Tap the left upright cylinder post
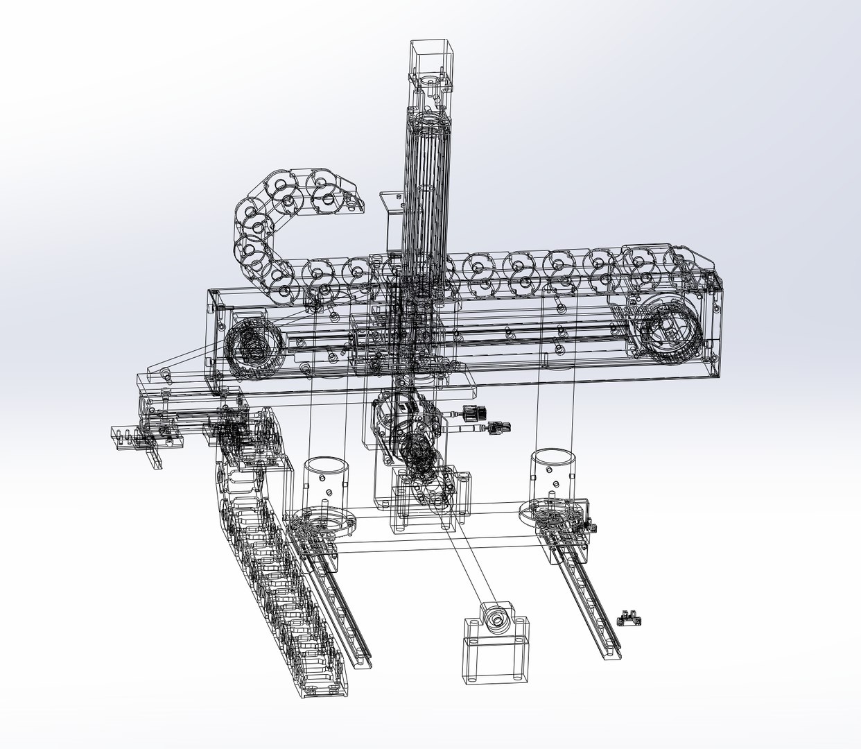(326, 483)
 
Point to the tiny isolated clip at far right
(630, 617)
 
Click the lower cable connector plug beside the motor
(497, 427)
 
